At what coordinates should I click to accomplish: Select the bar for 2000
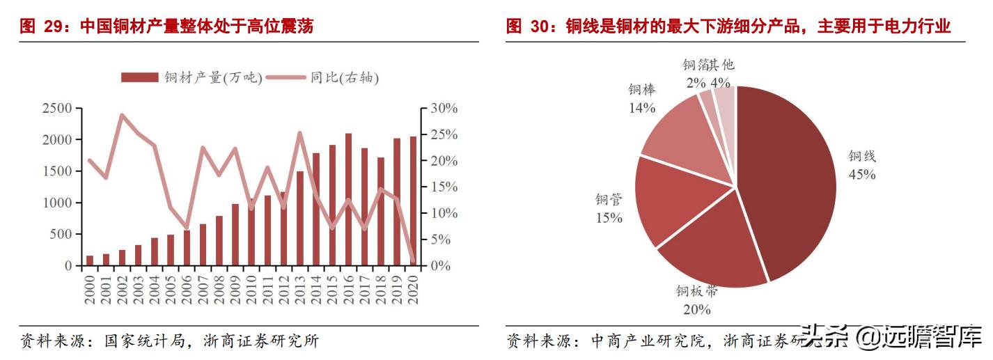click(x=90, y=261)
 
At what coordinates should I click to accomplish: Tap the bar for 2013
click(x=300, y=219)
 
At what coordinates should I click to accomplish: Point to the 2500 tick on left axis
click(x=57, y=109)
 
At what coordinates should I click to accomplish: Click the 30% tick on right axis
click(x=443, y=109)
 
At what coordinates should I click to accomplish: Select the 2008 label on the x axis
click(x=219, y=292)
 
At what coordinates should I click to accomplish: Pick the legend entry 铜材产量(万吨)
click(x=191, y=77)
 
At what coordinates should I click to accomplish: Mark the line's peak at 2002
click(x=123, y=115)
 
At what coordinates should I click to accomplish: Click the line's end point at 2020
click(x=412, y=261)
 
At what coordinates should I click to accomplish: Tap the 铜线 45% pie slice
click(x=787, y=181)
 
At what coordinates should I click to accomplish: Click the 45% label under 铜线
click(x=861, y=175)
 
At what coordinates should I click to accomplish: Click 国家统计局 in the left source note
click(x=144, y=341)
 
